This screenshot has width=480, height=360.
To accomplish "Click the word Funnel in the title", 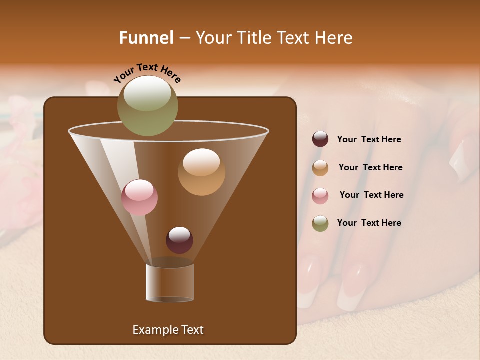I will point(146,37).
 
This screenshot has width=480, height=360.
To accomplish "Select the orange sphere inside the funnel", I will point(201,172).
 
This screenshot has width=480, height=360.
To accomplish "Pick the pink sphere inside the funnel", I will point(139,197).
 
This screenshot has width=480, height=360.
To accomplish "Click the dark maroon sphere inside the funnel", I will point(179,240).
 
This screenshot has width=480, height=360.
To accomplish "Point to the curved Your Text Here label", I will point(147,72).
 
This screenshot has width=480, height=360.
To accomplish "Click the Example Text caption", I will point(168,330).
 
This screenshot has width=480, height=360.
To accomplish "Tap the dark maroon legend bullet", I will point(320,139).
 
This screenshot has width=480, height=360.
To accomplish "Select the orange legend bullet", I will point(320,168).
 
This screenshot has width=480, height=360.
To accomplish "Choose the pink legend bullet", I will point(320,196).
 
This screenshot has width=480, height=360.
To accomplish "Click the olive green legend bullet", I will point(320,223).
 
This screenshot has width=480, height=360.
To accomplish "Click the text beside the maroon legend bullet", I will point(369,139).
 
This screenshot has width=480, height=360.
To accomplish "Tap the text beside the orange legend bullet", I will point(370,167).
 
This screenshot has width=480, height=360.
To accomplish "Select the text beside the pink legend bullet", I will point(371,195).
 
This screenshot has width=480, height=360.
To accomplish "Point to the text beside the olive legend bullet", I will point(369,223).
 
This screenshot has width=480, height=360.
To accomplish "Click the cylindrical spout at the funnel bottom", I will point(170,283).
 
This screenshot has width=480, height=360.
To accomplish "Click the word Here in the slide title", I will point(333,37).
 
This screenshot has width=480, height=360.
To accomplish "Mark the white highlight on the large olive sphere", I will point(147,92).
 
